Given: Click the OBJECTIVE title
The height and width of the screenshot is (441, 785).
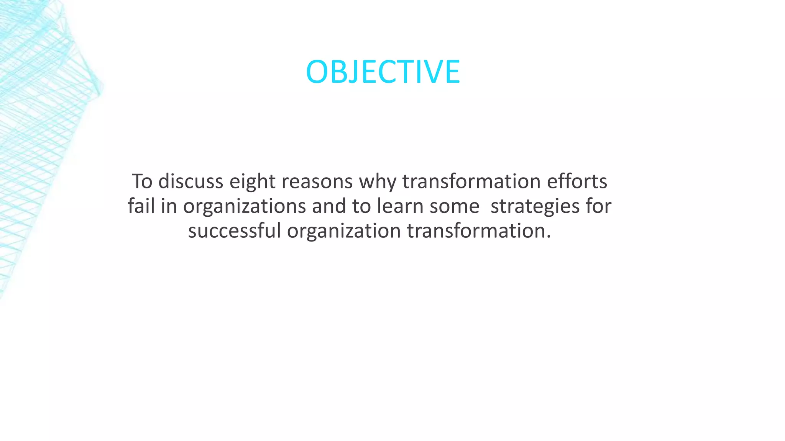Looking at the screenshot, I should click(383, 72).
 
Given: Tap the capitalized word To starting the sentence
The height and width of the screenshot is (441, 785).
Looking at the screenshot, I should click(142, 181).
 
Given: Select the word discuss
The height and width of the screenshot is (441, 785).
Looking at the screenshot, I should click(191, 181).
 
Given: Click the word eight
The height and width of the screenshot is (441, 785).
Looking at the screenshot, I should click(252, 182).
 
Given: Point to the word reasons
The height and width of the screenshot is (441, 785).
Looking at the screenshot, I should click(317, 182).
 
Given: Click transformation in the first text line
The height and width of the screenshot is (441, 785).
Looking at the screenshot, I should click(471, 181).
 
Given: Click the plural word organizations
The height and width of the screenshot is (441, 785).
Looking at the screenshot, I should click(244, 207).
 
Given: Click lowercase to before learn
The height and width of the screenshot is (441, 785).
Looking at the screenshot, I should click(361, 206).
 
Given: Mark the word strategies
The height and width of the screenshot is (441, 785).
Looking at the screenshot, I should click(535, 207).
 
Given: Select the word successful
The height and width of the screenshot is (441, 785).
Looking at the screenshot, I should click(235, 231).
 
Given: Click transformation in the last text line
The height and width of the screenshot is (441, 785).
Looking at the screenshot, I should click(479, 231).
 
